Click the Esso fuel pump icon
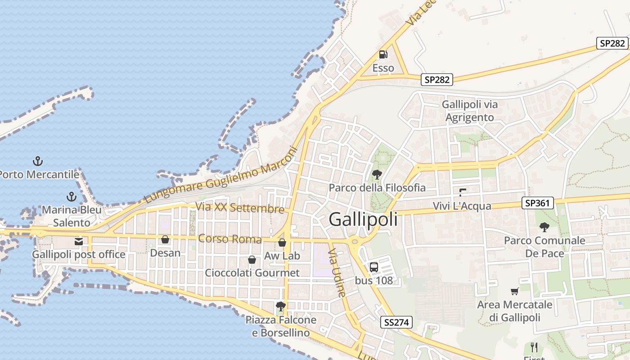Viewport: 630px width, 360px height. tap(383, 54)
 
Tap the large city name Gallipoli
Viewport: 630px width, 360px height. tap(363, 219)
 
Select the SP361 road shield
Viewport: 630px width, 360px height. tap(537, 203)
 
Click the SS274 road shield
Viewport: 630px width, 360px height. tap(396, 322)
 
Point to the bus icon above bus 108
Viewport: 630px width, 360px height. tap(374, 267)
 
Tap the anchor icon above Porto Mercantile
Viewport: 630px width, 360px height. tap(38, 161)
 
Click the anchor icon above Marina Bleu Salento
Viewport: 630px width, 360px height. tap(71, 197)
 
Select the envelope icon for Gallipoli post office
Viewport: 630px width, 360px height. tap(79, 242)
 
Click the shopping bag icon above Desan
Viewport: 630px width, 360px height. tap(165, 239)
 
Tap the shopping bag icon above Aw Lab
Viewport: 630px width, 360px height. tap(282, 243)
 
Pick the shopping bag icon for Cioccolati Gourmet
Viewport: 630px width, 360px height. tap(252, 260)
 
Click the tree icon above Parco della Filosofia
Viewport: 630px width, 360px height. tap(377, 174)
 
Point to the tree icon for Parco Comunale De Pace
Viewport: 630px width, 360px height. tap(544, 227)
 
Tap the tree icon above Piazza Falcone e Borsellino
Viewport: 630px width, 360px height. tap(281, 306)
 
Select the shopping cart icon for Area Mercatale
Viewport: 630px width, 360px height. tap(515, 291)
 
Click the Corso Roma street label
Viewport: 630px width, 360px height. tap(229, 238)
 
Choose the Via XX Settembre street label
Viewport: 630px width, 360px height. tap(240, 208)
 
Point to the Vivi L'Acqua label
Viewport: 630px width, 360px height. tap(462, 206)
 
